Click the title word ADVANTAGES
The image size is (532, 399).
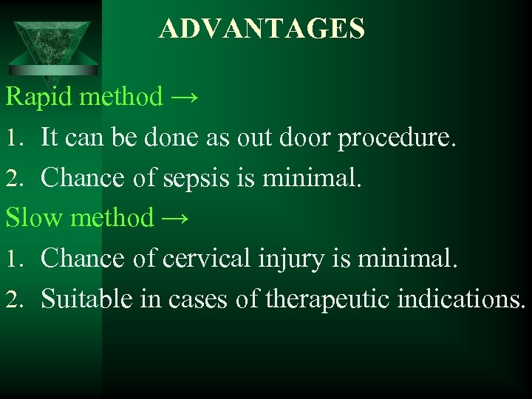[261, 29]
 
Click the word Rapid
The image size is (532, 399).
[41, 96]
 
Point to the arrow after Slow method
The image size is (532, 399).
[175, 218]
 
